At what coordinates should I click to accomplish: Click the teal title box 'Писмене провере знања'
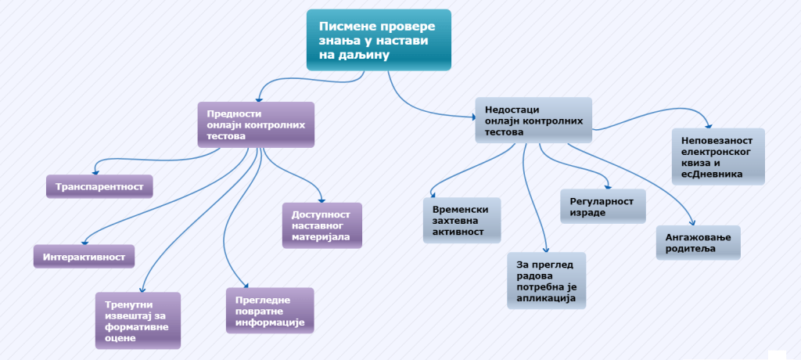[378, 39]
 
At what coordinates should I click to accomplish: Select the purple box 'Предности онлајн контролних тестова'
[256, 124]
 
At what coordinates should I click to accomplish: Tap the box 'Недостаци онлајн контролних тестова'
[533, 121]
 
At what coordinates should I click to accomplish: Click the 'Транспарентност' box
[99, 186]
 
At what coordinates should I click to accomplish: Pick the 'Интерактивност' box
[84, 256]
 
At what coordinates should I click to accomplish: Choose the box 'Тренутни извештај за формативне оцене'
[137, 320]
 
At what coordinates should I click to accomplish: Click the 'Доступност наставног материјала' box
[321, 225]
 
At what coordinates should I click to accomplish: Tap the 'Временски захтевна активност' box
[461, 221]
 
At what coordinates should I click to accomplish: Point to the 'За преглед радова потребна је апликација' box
[546, 279]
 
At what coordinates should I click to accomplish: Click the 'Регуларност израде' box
[602, 207]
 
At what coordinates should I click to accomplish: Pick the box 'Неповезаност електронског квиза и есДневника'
[717, 156]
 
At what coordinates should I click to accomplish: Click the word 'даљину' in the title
[364, 56]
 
